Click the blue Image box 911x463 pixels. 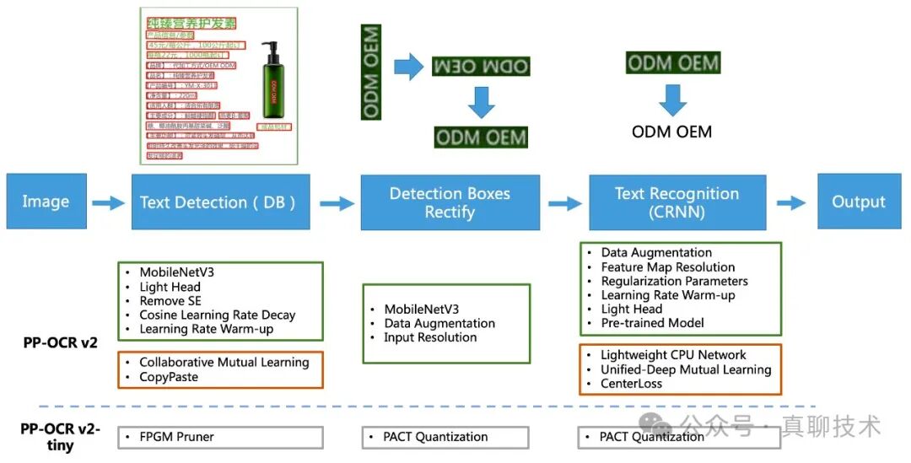46,202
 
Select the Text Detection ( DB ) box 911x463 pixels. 218,202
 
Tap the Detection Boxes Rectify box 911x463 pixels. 450,202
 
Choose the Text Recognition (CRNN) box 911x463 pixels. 677,202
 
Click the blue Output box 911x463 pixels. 859,202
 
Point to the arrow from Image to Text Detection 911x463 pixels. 108,202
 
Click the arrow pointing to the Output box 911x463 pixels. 791,202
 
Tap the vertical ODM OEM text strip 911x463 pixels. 371,72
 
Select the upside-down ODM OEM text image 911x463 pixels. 480,66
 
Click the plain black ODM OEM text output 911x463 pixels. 671,132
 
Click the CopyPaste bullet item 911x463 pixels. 169,377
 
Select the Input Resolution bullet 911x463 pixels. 430,337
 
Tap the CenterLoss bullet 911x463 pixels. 631,384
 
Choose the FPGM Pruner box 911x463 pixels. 176,437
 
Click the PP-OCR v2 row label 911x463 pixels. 60,342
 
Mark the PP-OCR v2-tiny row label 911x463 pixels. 60,437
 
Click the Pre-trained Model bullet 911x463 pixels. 652,323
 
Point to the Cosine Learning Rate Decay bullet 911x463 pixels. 218,315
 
